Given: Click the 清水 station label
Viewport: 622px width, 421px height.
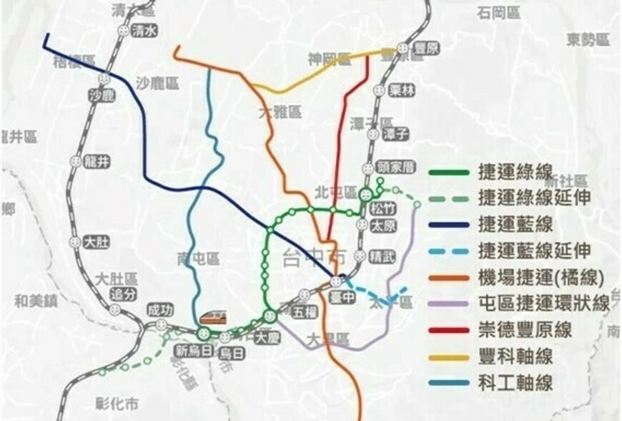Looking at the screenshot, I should [144, 31].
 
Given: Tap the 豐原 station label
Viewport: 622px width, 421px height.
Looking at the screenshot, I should [427, 48].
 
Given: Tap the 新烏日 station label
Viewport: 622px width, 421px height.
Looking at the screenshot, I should [192, 352].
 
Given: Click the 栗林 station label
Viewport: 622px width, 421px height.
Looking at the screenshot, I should [403, 91].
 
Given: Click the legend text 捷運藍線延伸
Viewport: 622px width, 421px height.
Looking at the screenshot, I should [535, 251].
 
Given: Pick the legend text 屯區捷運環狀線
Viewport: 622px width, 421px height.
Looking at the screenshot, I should [543, 304].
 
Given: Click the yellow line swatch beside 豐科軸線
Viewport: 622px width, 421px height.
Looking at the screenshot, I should [449, 356].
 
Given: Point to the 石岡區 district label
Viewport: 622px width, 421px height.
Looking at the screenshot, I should [499, 13].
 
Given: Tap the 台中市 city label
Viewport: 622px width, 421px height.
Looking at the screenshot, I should [312, 255].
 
